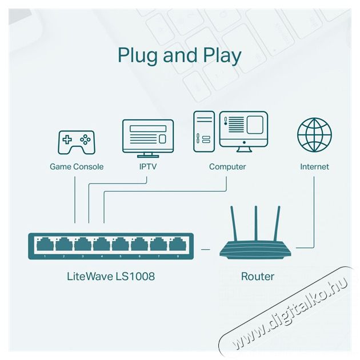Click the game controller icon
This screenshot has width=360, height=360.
point(77,142)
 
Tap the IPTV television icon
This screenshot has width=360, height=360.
point(148,138)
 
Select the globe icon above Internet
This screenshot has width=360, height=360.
point(314,135)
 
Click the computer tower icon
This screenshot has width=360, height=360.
point(204,131)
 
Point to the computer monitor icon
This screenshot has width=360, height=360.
point(243,131)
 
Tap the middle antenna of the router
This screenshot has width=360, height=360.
point(256,223)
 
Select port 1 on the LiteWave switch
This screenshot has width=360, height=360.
point(45,245)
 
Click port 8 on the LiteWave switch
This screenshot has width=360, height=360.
point(178,245)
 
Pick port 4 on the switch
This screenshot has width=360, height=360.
point(102,245)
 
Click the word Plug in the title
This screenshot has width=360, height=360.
point(138,55)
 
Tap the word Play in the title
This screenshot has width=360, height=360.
point(222,55)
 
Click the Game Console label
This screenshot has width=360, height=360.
point(77,167)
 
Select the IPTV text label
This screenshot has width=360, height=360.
point(148,167)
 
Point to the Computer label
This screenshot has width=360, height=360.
point(227,167)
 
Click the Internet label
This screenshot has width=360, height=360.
point(314,167)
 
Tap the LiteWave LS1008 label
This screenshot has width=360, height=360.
point(111,276)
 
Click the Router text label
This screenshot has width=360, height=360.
point(258,277)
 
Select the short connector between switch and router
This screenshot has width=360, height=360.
point(206,249)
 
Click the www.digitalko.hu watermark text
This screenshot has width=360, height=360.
point(290,314)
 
